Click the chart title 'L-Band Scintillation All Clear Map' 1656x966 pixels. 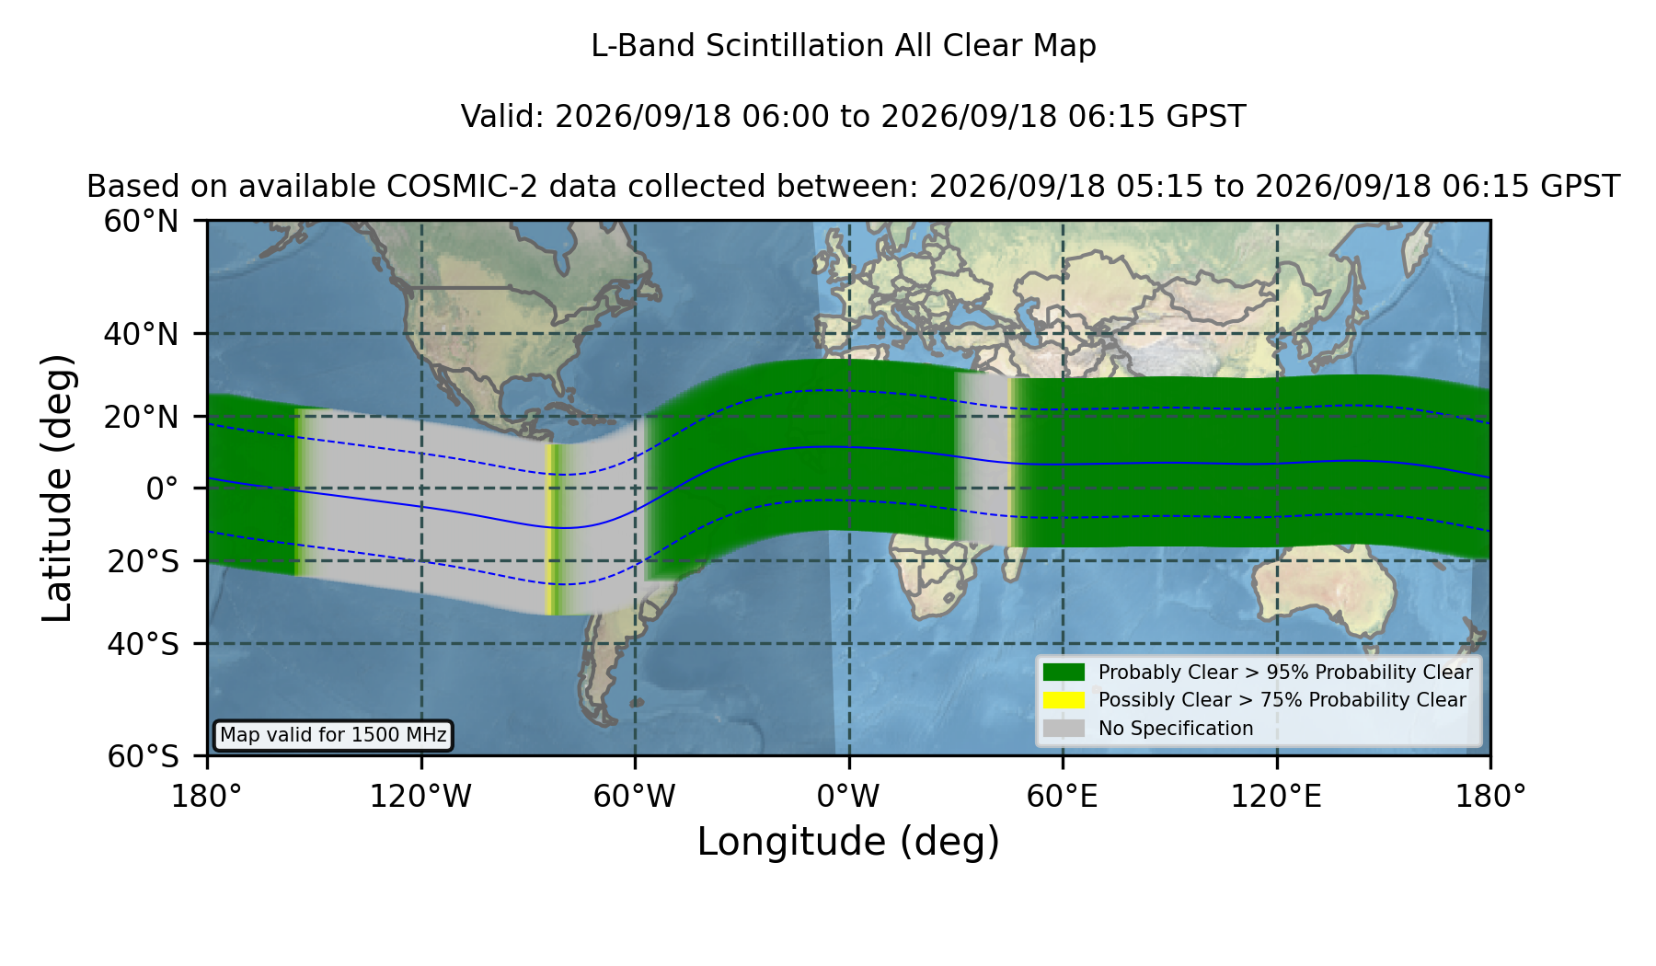843,46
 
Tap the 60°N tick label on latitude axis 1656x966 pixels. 142,221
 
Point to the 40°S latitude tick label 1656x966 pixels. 144,644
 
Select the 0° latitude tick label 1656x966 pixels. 163,489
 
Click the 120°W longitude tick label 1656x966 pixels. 420,797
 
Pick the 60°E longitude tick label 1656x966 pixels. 1063,797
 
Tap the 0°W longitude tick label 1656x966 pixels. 848,797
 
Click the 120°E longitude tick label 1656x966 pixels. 1276,797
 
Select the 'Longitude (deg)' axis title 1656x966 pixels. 848,843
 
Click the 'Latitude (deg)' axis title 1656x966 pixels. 57,488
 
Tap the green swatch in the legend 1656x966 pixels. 1064,672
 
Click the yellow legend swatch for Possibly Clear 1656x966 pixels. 1064,700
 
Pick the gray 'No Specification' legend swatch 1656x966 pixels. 1064,729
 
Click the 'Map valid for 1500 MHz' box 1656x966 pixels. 334,735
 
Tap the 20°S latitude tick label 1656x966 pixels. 144,561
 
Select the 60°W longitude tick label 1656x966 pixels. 634,797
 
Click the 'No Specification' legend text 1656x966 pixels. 1176,729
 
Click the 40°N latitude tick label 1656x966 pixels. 142,334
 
